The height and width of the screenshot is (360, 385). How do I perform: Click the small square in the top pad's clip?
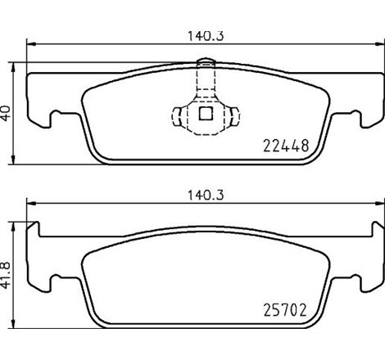(205, 114)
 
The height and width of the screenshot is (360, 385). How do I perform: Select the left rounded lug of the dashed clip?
(179, 115)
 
